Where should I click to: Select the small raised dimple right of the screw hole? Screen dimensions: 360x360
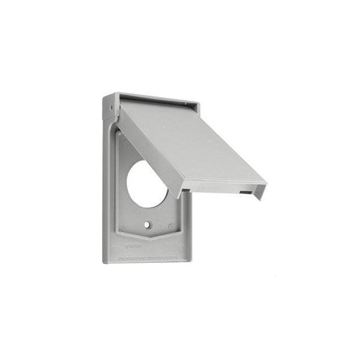point(171,227)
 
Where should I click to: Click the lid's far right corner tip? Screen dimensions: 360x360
point(266,181)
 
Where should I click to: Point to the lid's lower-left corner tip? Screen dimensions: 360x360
point(181,194)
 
